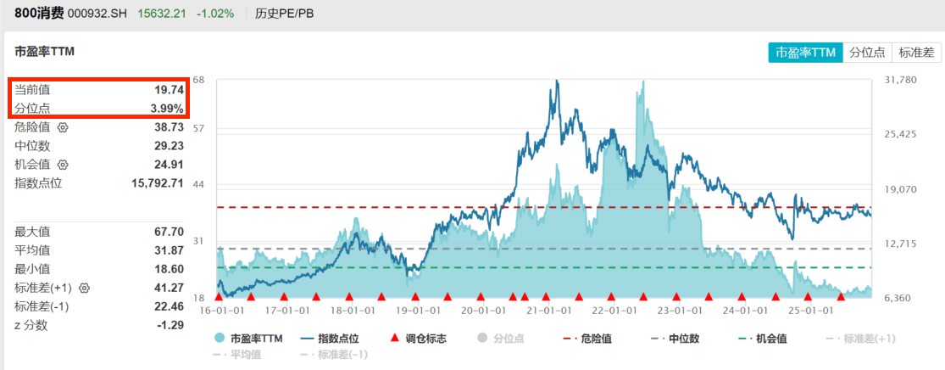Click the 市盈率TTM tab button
pyautogui.click(x=805, y=53)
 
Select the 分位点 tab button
pyautogui.click(x=867, y=53)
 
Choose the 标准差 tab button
pyautogui.click(x=916, y=53)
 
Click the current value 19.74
pyautogui.click(x=170, y=89)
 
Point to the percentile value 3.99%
pyautogui.click(x=166, y=108)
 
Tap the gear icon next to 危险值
pyautogui.click(x=62, y=127)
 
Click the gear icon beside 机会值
pyautogui.click(x=62, y=165)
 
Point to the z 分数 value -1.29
pyautogui.click(x=170, y=325)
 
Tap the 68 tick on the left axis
pyautogui.click(x=199, y=80)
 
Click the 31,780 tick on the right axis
pyautogui.click(x=900, y=80)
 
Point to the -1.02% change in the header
pyautogui.click(x=214, y=14)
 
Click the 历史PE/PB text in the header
pyautogui.click(x=284, y=14)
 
